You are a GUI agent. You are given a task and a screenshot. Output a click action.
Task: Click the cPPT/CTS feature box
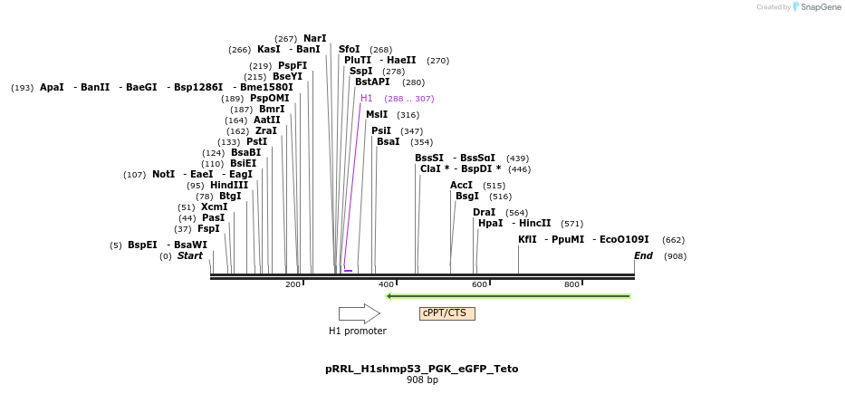447,313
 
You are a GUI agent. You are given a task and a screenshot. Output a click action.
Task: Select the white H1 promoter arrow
359,313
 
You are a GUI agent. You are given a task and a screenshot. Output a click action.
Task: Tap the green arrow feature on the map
508,295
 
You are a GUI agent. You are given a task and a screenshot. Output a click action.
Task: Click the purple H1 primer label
367,99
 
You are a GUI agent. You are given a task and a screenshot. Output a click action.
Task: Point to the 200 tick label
293,284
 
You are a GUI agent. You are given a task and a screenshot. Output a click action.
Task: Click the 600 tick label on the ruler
479,284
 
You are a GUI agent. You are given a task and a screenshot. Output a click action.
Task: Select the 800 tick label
572,284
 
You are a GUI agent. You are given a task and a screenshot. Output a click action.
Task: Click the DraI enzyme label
484,213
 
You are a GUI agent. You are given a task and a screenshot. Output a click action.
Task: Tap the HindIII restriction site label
229,186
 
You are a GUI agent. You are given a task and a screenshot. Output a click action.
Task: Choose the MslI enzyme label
377,115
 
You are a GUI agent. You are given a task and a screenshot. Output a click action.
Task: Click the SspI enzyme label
360,72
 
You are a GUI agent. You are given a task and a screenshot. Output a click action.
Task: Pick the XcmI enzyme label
215,207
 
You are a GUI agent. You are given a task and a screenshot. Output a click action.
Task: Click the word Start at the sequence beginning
190,256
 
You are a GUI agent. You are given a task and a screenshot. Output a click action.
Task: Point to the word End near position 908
643,256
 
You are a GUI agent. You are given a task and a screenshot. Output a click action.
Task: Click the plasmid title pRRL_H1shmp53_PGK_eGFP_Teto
422,369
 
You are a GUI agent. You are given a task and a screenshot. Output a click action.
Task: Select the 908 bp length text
422,380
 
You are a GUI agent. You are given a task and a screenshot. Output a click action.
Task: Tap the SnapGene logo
817,7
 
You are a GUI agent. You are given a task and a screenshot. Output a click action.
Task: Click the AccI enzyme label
461,186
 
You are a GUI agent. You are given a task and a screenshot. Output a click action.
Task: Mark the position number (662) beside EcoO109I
673,241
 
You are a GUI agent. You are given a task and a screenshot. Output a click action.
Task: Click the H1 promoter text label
357,332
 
